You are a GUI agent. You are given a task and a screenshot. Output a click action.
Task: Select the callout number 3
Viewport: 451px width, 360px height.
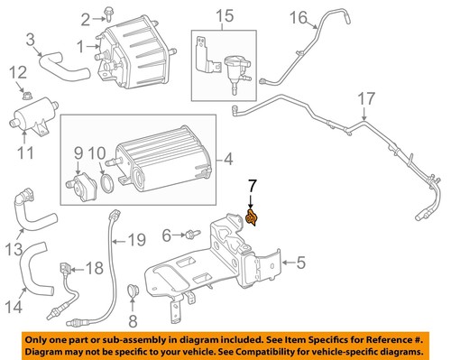31,39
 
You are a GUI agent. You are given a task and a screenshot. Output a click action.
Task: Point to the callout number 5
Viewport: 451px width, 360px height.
302,263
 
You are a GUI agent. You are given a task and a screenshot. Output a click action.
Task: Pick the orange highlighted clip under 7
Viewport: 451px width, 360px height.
253,219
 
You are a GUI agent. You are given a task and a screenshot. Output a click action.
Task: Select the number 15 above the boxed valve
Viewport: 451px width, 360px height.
223,16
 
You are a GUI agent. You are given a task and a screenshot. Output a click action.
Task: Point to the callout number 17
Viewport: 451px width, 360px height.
364,97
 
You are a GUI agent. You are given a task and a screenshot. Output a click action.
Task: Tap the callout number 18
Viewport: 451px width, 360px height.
95,269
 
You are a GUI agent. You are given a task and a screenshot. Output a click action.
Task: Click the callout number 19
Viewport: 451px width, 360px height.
135,239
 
